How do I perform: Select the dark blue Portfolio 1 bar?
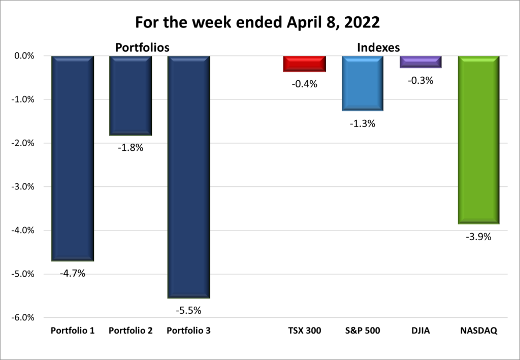(x=73, y=157)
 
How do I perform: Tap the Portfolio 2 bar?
(x=131, y=95)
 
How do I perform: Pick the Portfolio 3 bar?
(x=188, y=176)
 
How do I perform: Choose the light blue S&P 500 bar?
(x=362, y=83)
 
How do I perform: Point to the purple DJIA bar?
(x=420, y=61)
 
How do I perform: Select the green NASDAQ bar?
(x=478, y=140)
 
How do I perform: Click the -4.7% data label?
(x=73, y=274)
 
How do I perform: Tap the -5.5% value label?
(x=188, y=310)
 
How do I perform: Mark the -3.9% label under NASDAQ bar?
(x=478, y=237)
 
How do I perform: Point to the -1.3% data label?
(x=362, y=123)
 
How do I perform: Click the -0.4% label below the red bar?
(x=304, y=84)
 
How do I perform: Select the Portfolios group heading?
(x=142, y=48)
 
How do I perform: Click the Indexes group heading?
(x=378, y=48)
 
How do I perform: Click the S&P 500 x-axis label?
(x=362, y=331)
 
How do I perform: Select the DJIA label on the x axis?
(x=420, y=331)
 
